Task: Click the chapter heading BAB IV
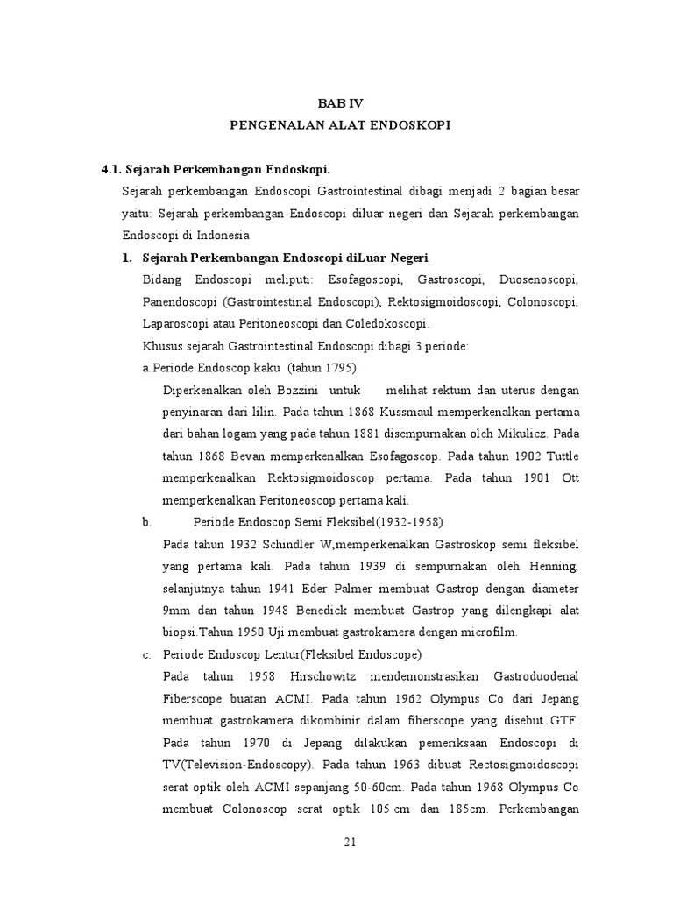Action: (339, 102)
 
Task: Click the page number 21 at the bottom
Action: (350, 843)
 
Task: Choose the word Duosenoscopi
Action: (538, 279)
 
